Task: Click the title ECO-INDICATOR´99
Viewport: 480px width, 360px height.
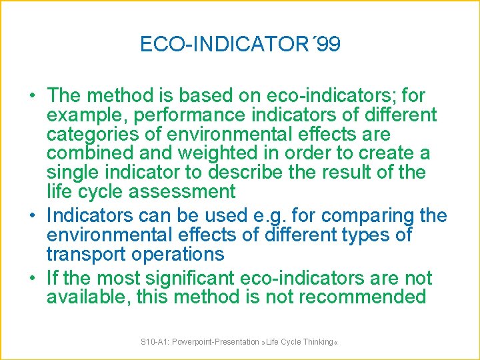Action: (x=240, y=44)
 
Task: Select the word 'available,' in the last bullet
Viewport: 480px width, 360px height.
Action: (x=88, y=297)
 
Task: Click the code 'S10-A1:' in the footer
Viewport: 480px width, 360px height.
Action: (x=154, y=342)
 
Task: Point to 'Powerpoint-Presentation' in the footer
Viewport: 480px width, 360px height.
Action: (x=214, y=342)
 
